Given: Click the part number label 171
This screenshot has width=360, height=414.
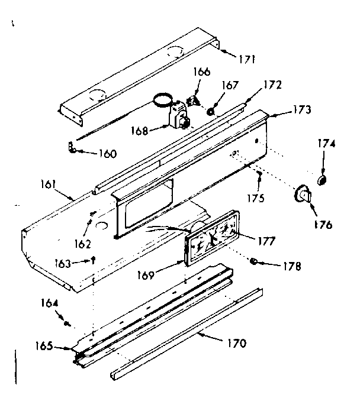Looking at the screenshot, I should [247, 59].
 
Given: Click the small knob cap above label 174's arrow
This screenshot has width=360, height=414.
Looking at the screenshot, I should [323, 180].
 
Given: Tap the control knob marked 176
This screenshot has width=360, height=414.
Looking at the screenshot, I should [304, 194].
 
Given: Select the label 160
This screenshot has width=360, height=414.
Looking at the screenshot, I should [107, 154].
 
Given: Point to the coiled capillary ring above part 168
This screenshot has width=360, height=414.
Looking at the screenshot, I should [163, 101].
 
